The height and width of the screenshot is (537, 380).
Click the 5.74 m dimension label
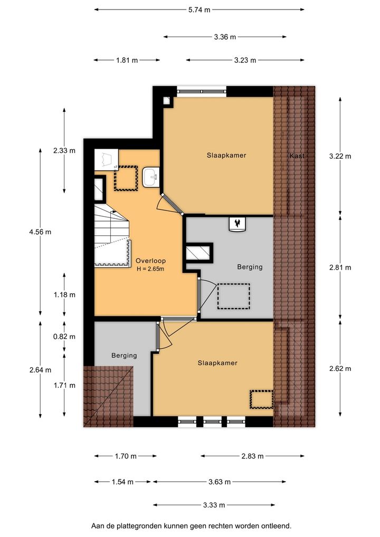pyautogui.click(x=199, y=10)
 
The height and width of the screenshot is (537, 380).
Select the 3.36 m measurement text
pyautogui.click(x=225, y=37)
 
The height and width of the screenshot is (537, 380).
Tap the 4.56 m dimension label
pyautogui.click(x=41, y=232)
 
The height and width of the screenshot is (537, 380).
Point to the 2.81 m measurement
pyautogui.click(x=340, y=267)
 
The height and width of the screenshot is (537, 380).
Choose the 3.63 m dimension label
pyautogui.click(x=220, y=482)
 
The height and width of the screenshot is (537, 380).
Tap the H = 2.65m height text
pyautogui.click(x=150, y=269)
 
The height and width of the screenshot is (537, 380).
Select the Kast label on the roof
pyautogui.click(x=297, y=156)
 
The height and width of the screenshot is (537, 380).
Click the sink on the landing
pyautogui.click(x=151, y=177)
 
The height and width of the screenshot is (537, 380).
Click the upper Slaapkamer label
pyautogui.click(x=226, y=155)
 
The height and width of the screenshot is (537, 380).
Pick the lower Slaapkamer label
pyautogui.click(x=217, y=363)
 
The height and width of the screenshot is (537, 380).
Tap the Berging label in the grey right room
pyautogui.click(x=250, y=267)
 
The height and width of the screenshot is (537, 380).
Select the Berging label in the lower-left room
pyautogui.click(x=124, y=356)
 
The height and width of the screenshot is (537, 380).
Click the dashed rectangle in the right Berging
pyautogui.click(x=234, y=296)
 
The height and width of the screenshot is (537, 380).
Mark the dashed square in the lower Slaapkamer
pyautogui.click(x=261, y=399)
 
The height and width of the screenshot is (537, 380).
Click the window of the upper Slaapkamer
pyautogui.click(x=202, y=91)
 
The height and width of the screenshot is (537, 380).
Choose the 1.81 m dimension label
pyautogui.click(x=127, y=60)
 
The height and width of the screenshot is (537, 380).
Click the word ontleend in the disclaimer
pyautogui.click(x=276, y=526)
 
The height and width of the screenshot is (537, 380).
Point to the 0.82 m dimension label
pyautogui.click(x=64, y=337)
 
